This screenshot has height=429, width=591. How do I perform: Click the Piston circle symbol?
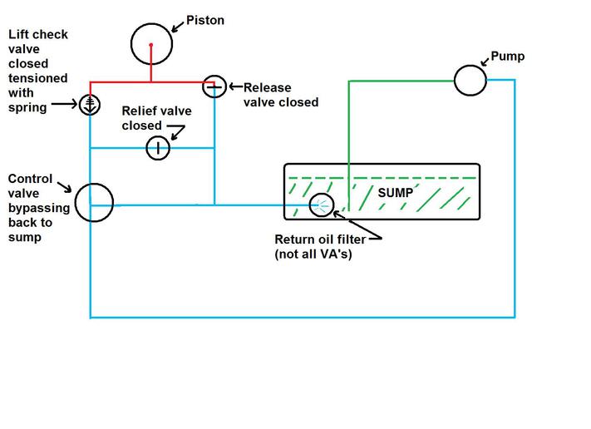click(x=151, y=43)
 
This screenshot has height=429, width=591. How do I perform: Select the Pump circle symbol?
click(x=470, y=80)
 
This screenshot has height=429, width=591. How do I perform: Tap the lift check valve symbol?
click(x=90, y=104)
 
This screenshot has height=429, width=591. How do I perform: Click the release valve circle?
click(x=214, y=85)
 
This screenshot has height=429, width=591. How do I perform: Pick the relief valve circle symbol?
click(x=158, y=148)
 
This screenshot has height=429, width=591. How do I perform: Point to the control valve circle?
click(x=94, y=202)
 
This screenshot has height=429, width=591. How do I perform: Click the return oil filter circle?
click(x=322, y=205)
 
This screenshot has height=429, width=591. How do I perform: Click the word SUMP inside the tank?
click(x=396, y=192)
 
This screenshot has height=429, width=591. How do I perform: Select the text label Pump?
click(x=508, y=57)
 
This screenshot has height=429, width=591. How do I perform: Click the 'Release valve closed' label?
click(x=281, y=94)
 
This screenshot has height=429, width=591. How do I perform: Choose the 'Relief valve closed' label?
click(x=156, y=118)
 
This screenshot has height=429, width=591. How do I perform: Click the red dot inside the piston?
click(x=150, y=44)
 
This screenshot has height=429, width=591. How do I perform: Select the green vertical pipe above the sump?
click(x=348, y=125)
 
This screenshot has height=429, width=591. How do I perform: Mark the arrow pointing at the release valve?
click(x=234, y=87)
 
